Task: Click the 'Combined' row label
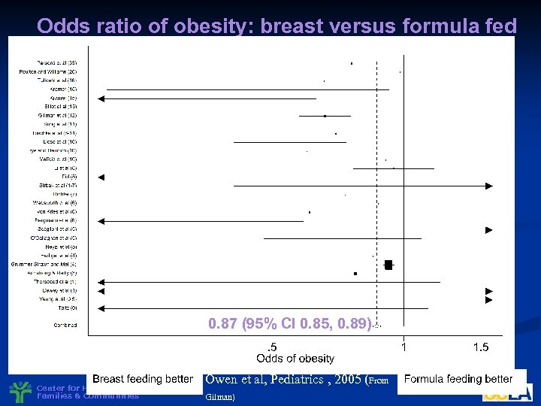click(65, 326)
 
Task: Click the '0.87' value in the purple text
click(225, 324)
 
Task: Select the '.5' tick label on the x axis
click(272, 347)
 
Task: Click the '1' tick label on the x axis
click(404, 347)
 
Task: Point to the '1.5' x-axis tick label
click(481, 347)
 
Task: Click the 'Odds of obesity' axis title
click(295, 359)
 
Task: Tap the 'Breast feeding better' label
click(143, 379)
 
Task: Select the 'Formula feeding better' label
click(458, 379)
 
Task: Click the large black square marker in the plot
click(388, 264)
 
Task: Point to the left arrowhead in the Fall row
click(102, 177)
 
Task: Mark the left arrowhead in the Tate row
click(102, 308)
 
